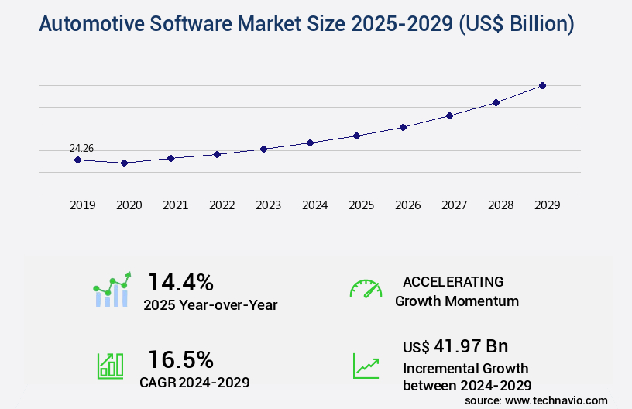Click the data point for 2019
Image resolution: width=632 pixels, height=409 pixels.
pos(77,160)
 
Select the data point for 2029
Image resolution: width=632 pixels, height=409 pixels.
pos(542,85)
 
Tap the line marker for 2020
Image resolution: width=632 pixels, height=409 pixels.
pos(124,163)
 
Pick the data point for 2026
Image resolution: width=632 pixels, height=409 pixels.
pos(403,127)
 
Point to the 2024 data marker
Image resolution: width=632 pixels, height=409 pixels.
pos(310,143)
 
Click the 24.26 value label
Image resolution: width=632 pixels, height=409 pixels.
pos(81,148)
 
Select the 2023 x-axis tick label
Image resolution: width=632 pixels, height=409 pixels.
pos(268,205)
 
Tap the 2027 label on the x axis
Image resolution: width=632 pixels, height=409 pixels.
pos(454,205)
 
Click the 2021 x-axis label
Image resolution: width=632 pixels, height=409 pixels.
pos(175,205)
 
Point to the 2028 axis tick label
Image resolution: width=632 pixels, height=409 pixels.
pos(500,205)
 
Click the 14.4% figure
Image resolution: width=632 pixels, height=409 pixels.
pos(180,281)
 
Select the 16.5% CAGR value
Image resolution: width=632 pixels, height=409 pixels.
pos(180,359)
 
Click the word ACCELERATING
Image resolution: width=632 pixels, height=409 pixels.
pos(453,282)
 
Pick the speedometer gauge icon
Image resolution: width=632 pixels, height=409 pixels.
pos(366,289)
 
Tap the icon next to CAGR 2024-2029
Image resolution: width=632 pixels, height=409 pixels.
pos(110,366)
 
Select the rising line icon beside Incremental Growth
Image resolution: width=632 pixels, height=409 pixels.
pos(366,366)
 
